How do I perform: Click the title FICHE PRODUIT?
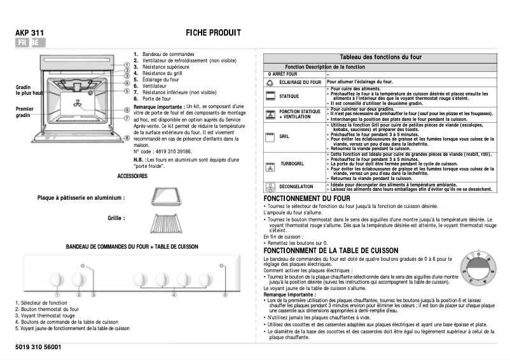[x=213, y=32]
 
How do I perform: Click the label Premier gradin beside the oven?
[x=24, y=112]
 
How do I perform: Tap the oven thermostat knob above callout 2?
[x=79, y=279]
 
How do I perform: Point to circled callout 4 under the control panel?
[x=174, y=294]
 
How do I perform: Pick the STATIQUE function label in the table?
[x=289, y=97]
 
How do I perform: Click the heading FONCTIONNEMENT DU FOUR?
[x=307, y=199]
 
